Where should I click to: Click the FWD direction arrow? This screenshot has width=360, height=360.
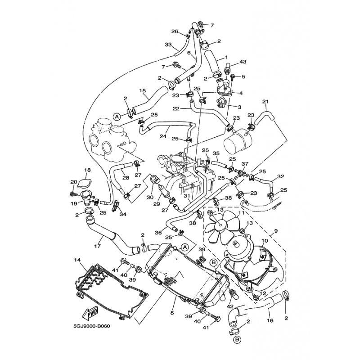pos(90,313)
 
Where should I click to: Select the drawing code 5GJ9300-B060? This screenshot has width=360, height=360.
pos(92,326)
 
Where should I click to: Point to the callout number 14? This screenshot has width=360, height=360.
pos(77,260)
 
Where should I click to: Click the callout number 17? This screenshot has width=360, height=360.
pos(97,246)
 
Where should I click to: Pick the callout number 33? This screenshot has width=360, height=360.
pos(168,44)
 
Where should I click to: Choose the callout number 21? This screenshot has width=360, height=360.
pos(265,102)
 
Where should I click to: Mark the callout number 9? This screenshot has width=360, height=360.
pos(276,231)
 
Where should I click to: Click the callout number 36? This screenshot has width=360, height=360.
pos(158,233)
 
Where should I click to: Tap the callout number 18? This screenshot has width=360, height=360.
pos(87,170)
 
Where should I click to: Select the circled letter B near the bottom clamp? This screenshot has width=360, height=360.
pos(236,339)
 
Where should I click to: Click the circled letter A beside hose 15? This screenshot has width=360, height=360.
pos(117,117)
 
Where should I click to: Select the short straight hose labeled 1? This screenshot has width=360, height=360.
pos(211,61)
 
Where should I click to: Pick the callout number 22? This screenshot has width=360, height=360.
pos(176,109)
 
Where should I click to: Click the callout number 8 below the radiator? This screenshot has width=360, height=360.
pos(172,313)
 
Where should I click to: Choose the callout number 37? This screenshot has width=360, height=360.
pos(245,164)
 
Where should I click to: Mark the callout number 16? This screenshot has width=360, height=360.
pos(270,320)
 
